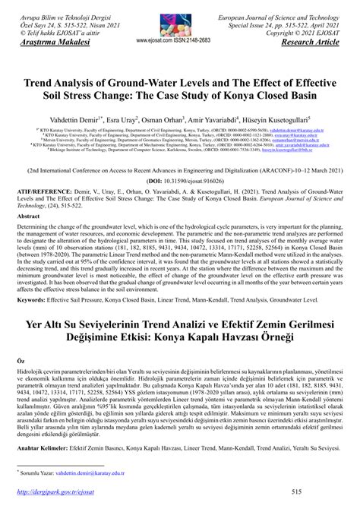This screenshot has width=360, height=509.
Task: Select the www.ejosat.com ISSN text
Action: (179, 40)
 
